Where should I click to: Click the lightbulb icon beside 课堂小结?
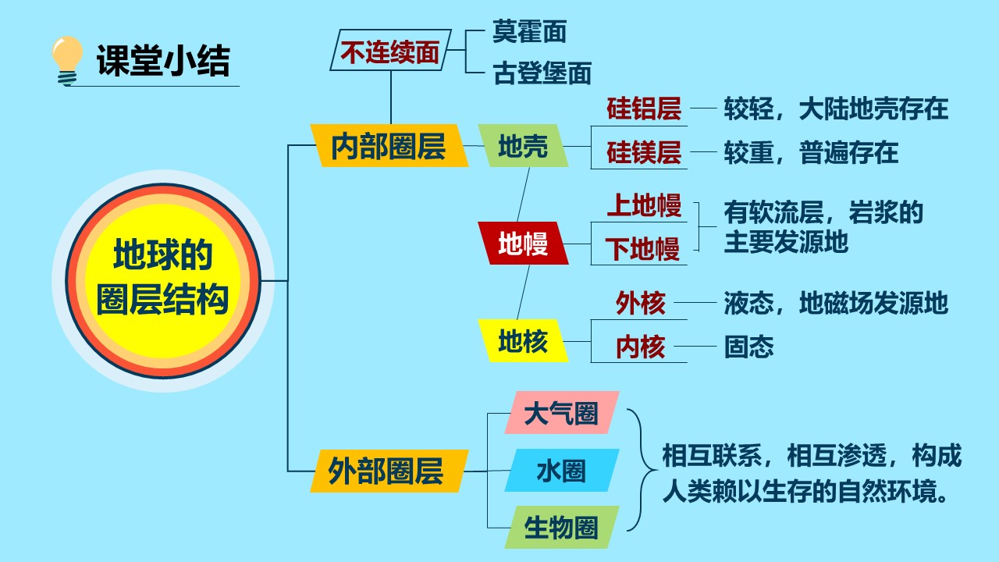point(67,61)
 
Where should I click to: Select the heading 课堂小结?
point(163,61)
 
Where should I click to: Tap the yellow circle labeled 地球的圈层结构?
point(163,281)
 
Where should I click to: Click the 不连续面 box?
point(391,50)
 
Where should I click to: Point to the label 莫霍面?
point(529,31)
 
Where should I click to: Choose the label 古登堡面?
point(542,73)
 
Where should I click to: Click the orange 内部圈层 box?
point(389,146)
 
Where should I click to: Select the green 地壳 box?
point(523,146)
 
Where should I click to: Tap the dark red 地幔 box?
point(523,244)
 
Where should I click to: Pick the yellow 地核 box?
point(523,341)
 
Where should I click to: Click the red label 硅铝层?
point(644,108)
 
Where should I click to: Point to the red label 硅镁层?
point(644,152)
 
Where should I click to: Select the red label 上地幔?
point(644,205)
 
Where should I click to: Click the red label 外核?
point(641,303)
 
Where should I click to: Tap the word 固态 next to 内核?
point(748,347)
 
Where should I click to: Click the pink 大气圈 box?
point(562,413)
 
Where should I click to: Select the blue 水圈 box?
point(562,471)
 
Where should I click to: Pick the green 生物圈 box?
point(562,527)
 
